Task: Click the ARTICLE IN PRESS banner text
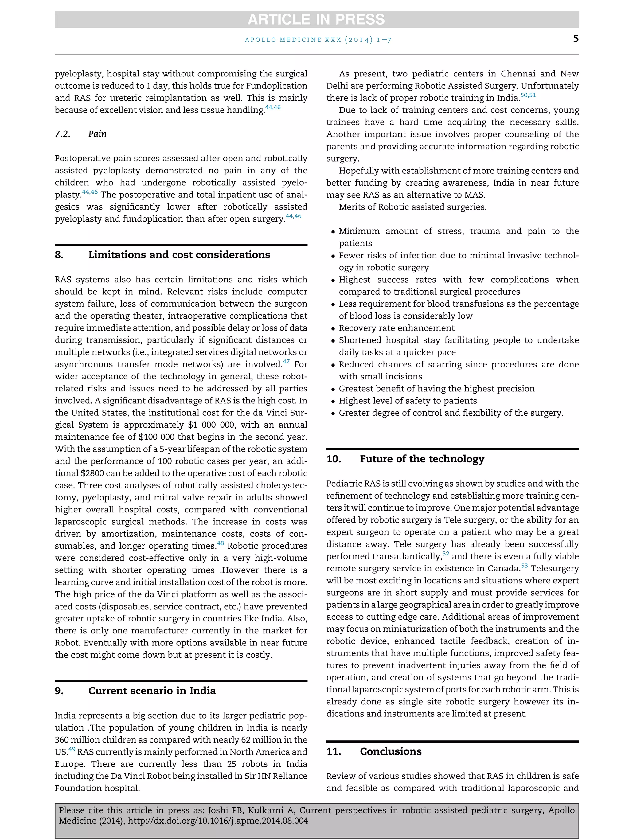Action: (316, 19)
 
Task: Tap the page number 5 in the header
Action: (576, 39)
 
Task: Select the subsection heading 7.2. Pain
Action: (80, 134)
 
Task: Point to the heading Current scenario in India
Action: (152, 691)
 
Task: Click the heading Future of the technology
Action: (422, 459)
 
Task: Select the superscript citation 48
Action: (220, 543)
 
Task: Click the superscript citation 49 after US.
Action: (72, 749)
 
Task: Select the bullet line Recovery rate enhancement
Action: (396, 328)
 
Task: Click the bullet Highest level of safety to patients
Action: (408, 401)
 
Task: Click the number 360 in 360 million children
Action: (61, 740)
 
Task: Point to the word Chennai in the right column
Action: (518, 74)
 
